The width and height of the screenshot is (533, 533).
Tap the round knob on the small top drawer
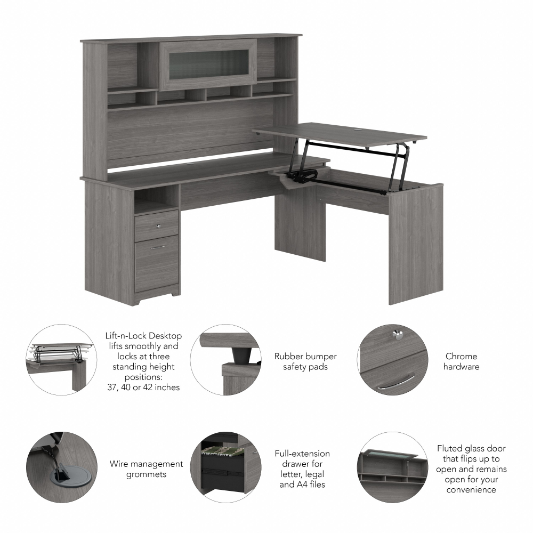click(158, 225)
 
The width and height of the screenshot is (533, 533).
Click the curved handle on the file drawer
click(158, 247)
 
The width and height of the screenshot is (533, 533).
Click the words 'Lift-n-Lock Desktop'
click(143, 336)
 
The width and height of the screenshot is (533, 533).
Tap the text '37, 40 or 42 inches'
click(143, 387)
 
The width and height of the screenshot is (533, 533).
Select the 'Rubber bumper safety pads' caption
click(305, 361)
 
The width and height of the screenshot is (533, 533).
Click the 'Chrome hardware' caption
click(462, 361)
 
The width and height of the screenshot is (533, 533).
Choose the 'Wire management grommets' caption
click(147, 469)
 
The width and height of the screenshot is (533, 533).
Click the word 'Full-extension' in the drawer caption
click(302, 454)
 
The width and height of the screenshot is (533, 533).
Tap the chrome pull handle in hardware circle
click(395, 383)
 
